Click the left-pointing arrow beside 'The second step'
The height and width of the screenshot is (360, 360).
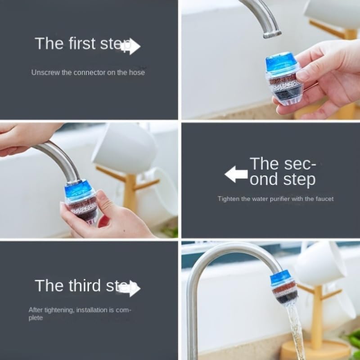click(236, 174)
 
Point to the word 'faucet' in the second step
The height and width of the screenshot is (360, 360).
click(324, 198)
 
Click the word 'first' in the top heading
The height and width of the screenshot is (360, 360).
click(84, 44)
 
